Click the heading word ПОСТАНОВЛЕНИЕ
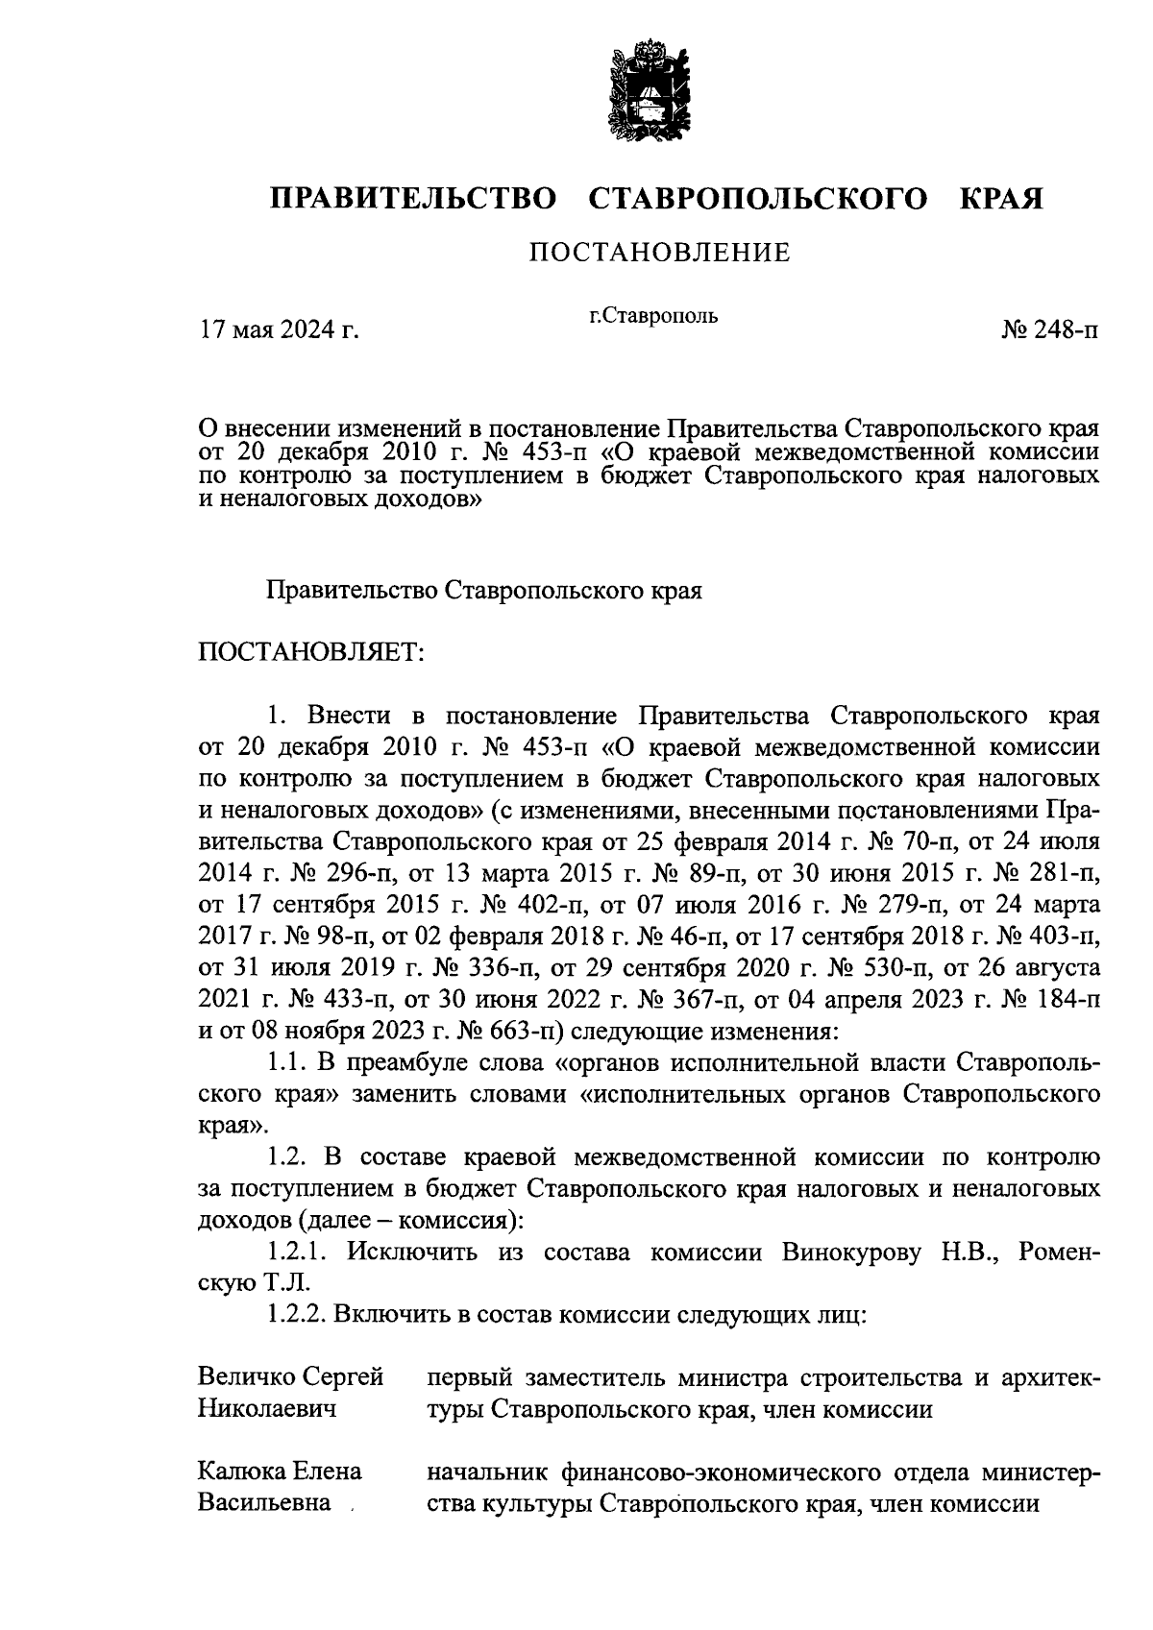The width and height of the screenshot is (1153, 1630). [x=660, y=254]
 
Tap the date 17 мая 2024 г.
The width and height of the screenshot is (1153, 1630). [x=278, y=330]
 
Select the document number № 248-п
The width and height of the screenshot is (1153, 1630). [x=1049, y=330]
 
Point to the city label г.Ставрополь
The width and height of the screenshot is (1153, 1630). [x=653, y=315]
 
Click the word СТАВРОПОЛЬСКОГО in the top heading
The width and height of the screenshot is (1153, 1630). [x=757, y=199]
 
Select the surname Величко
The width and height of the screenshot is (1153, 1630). [x=246, y=1377]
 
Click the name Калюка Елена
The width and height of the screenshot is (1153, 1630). [x=280, y=1472]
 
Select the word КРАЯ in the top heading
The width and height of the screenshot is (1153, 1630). [x=1000, y=199]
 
